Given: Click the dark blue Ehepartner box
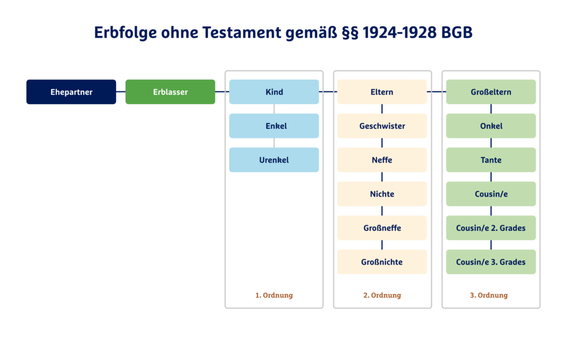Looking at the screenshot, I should pyautogui.click(x=71, y=92).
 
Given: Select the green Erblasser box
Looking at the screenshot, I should pyautogui.click(x=170, y=92).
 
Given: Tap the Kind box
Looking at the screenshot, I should pyautogui.click(x=274, y=92).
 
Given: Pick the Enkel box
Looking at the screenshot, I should pyautogui.click(x=274, y=126).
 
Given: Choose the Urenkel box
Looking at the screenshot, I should pyautogui.click(x=274, y=160).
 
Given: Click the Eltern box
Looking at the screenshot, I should pyautogui.click(x=382, y=92).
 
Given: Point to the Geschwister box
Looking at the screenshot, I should pyautogui.click(x=382, y=126).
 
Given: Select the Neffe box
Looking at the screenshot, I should pyautogui.click(x=382, y=160).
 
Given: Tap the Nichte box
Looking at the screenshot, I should pyautogui.click(x=382, y=194).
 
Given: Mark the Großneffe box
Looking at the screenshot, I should pyautogui.click(x=382, y=228).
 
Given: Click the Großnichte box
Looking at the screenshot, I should pyautogui.click(x=382, y=262).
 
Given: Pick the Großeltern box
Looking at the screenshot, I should pyautogui.click(x=491, y=92).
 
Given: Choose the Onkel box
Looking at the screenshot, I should pyautogui.click(x=491, y=126).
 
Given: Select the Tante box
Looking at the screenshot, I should pyautogui.click(x=491, y=160).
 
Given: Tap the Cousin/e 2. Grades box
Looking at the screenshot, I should pyautogui.click(x=491, y=228).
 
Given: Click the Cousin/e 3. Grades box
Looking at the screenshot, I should pyautogui.click(x=491, y=262).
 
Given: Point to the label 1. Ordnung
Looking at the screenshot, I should pyautogui.click(x=274, y=295).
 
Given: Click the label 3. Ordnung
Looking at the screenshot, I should pyautogui.click(x=489, y=295).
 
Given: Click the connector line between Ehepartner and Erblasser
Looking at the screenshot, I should pyautogui.click(x=121, y=92).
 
